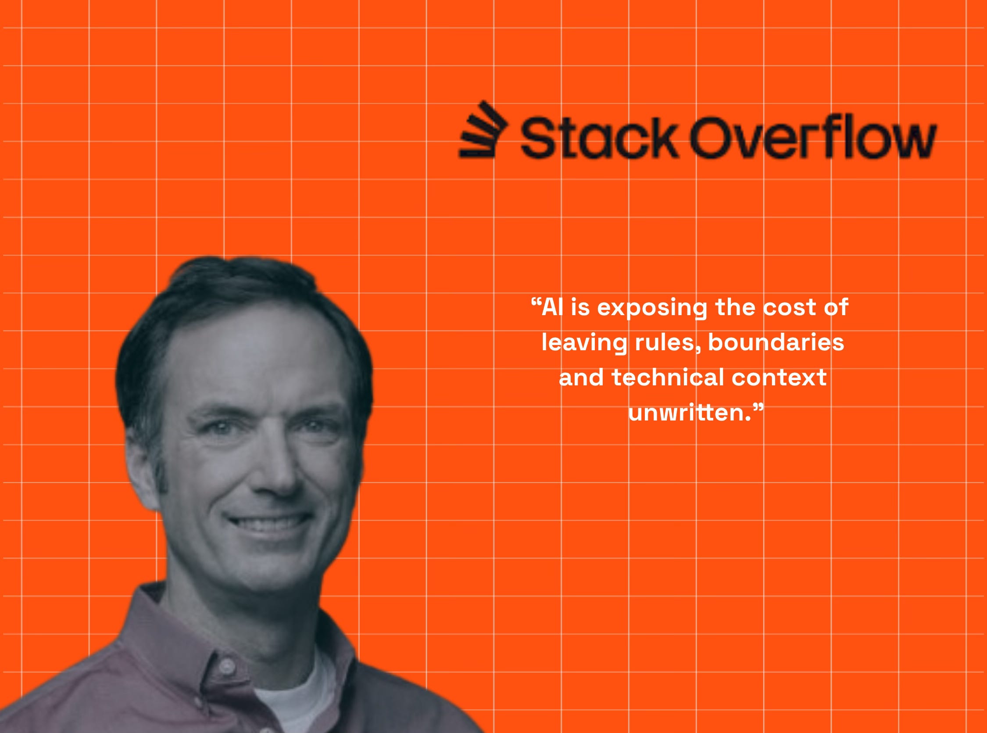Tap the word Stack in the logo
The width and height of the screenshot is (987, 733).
(599, 137)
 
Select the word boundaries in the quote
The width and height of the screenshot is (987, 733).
(776, 342)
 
